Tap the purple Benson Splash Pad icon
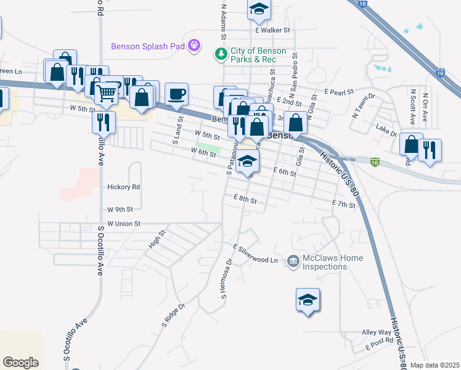[x=195, y=45]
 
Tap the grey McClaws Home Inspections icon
[x=293, y=262]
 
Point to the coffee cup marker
[x=176, y=94]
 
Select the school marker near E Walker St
[x=259, y=9]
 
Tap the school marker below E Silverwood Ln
[x=308, y=300]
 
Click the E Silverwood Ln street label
[x=255, y=253]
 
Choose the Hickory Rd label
[x=124, y=187]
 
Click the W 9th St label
[x=120, y=210]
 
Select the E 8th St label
[x=244, y=200]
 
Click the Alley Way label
[x=377, y=332]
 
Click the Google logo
[x=20, y=362]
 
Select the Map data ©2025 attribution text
[x=434, y=365]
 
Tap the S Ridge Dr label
[x=173, y=314]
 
